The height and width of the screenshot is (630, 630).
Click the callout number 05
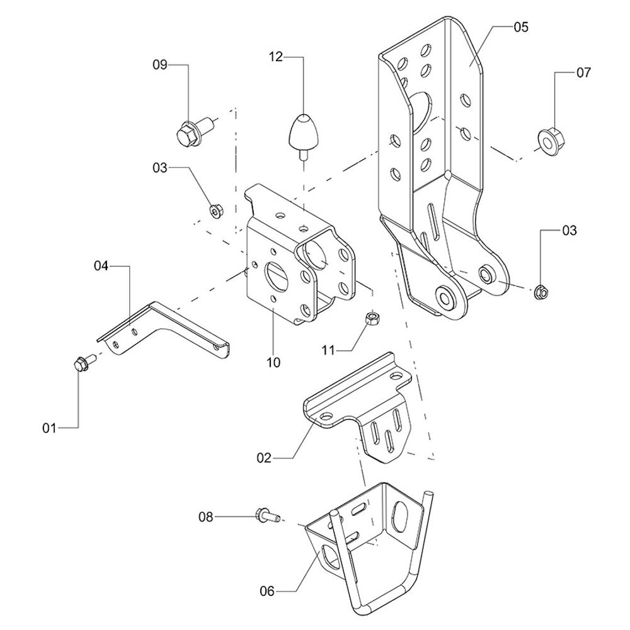click(x=521, y=27)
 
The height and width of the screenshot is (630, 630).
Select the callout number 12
click(x=276, y=57)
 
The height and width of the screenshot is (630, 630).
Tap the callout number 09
click(x=159, y=65)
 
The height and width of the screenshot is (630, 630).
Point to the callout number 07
click(x=583, y=72)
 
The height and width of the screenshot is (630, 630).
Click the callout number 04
click(x=101, y=266)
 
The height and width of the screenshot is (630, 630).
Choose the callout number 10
click(x=273, y=362)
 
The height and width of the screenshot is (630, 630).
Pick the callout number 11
click(x=328, y=350)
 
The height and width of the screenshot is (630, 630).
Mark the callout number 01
click(x=49, y=428)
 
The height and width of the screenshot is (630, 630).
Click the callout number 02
click(x=265, y=457)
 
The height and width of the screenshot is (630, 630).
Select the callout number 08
click(x=206, y=517)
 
